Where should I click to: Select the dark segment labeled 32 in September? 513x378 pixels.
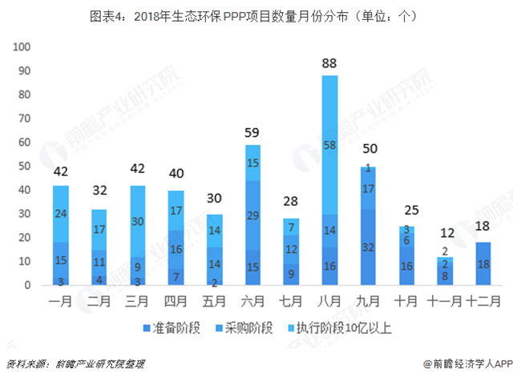pyautogui.click(x=369, y=247)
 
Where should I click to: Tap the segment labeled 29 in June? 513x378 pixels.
pyautogui.click(x=253, y=216)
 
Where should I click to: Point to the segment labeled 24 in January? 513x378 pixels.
pyautogui.click(x=61, y=214)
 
